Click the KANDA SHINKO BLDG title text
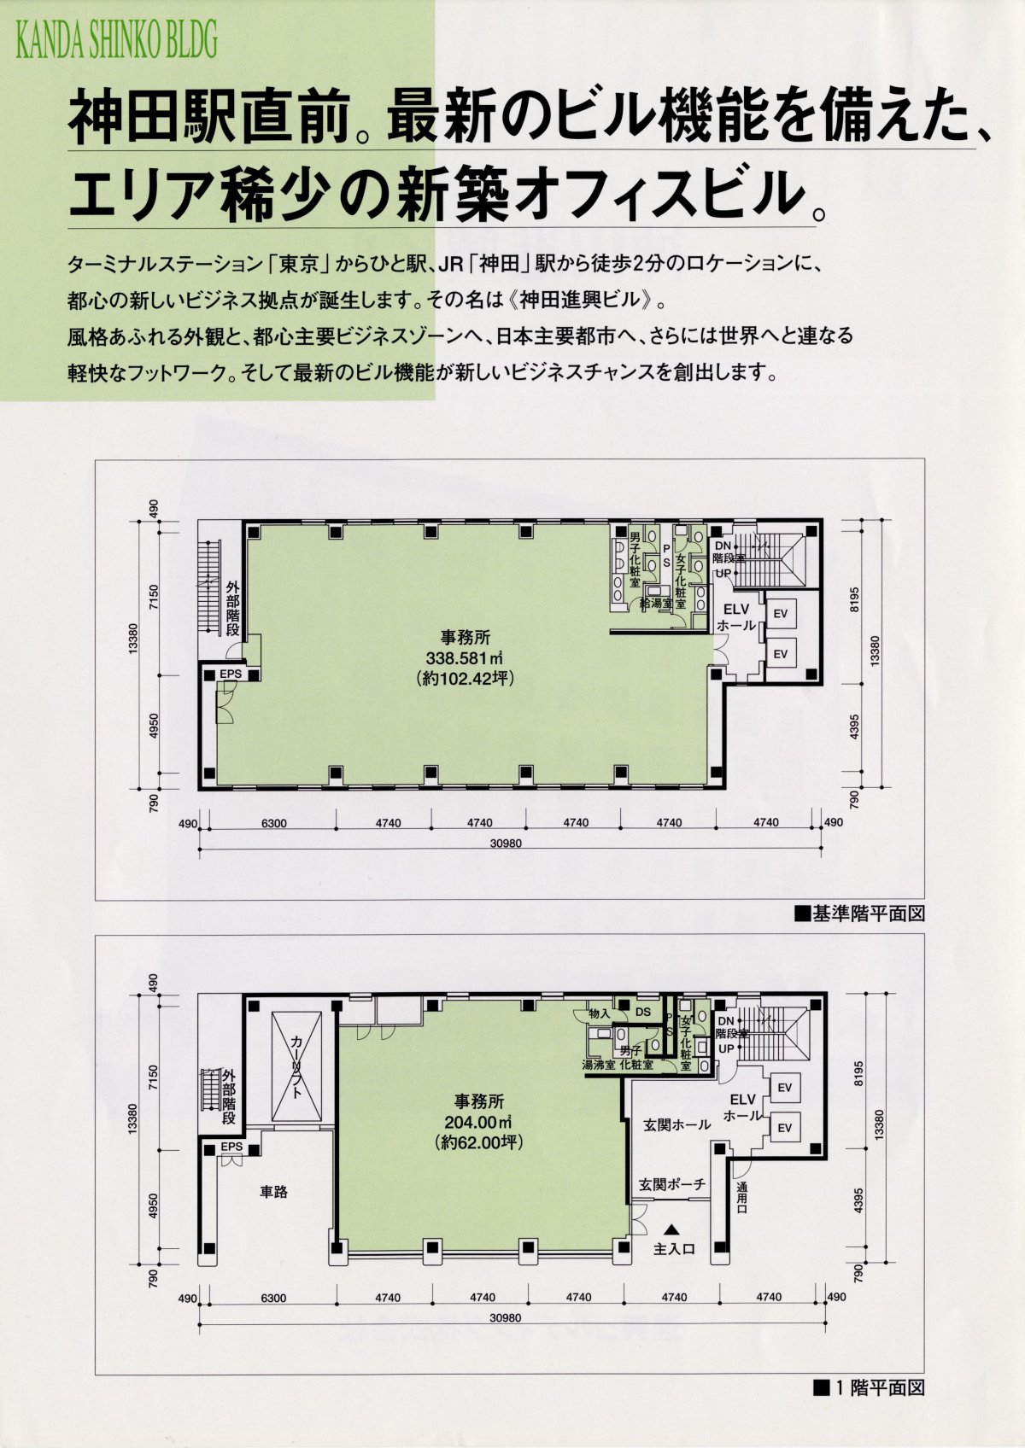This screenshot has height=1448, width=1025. click(116, 41)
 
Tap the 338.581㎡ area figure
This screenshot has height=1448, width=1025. click(465, 658)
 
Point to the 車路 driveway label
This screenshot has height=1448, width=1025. click(273, 1192)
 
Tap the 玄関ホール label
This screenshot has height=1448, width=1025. click(676, 1124)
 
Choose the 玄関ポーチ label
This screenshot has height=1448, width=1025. click(671, 1185)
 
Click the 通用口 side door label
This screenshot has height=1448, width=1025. click(741, 1200)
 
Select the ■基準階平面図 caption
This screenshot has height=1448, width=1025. click(859, 914)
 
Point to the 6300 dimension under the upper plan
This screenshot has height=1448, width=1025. click(273, 824)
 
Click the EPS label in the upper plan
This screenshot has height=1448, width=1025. click(231, 674)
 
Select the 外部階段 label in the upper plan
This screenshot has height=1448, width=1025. click(233, 608)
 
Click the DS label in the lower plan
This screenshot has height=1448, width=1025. click(643, 1012)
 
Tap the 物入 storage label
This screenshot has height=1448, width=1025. click(599, 1013)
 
